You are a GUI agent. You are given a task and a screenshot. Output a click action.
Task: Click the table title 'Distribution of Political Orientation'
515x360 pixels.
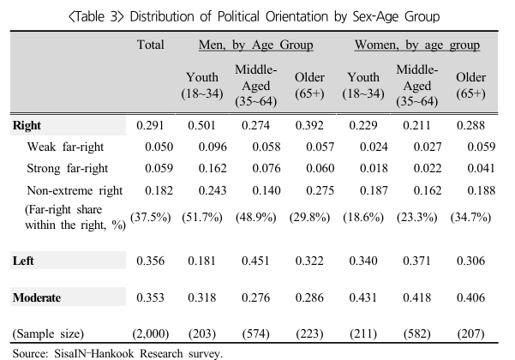[x=229, y=16]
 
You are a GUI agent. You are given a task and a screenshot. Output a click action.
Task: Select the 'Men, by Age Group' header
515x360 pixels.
[x=256, y=45]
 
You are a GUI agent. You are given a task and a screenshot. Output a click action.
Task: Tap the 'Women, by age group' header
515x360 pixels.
[x=417, y=45]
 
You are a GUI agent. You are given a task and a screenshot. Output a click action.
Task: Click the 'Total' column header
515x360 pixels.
[x=151, y=45]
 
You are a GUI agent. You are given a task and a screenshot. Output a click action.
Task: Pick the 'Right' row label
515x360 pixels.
[x=27, y=125]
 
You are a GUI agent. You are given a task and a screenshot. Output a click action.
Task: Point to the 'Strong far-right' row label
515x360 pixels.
[x=68, y=168]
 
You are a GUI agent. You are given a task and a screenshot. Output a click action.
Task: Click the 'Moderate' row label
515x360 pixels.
[x=37, y=297]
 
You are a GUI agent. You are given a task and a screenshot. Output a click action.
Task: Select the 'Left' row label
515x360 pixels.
[x=23, y=261]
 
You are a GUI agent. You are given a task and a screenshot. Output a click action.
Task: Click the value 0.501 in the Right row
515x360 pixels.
[x=201, y=125]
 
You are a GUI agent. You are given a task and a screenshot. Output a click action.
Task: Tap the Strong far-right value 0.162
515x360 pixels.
[x=213, y=168]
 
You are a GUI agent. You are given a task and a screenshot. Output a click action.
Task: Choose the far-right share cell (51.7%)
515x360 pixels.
[x=202, y=217]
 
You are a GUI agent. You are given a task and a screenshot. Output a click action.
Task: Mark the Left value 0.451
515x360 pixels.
[x=255, y=261]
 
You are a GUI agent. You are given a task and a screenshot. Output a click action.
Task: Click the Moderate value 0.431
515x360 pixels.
[x=363, y=297]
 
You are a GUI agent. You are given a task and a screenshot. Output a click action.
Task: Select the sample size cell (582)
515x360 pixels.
[x=417, y=333]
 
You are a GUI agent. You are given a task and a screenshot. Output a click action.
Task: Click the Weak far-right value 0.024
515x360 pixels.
[x=374, y=147]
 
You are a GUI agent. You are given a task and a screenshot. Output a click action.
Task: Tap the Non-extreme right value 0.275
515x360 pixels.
[x=320, y=190]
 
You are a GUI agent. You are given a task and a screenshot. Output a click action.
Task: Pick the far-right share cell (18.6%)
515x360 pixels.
[x=363, y=217]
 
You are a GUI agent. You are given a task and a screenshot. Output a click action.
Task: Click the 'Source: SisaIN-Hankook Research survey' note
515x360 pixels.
[x=117, y=354]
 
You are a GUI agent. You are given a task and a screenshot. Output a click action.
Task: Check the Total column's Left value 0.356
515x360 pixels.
[x=151, y=261]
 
